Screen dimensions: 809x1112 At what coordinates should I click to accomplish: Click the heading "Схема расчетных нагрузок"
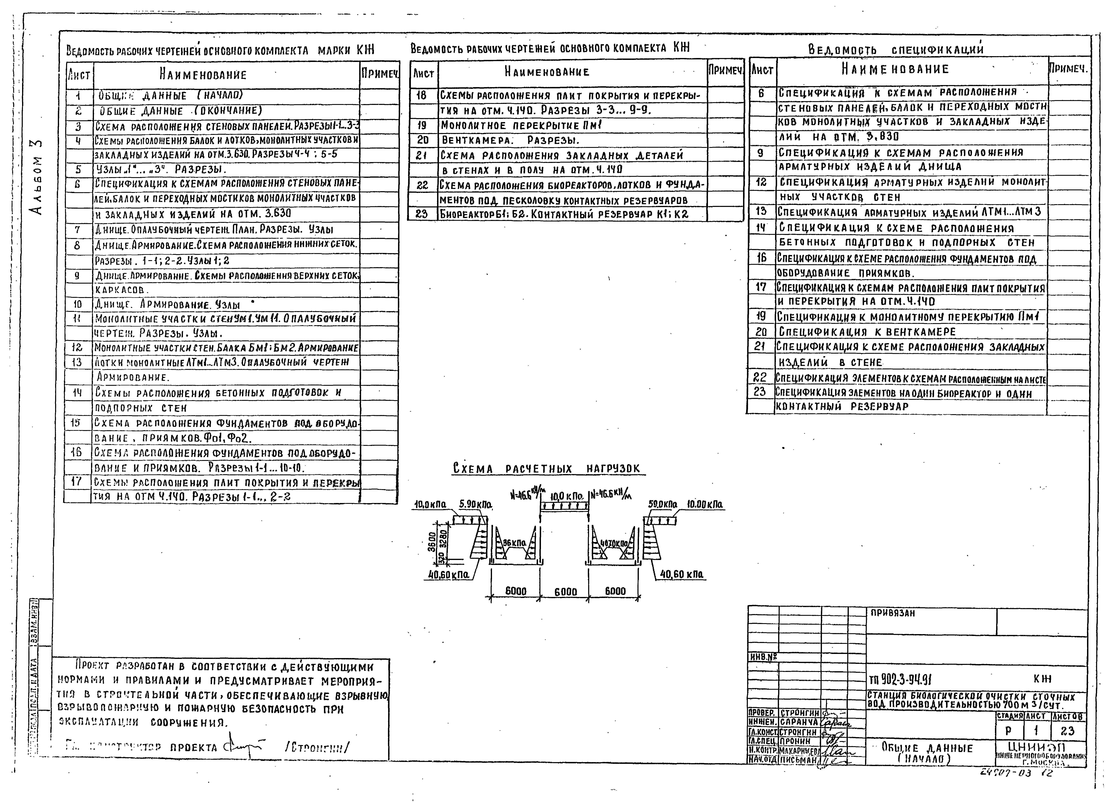[x=547, y=469]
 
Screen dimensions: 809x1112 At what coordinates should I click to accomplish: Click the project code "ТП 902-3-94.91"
[x=900, y=680]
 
